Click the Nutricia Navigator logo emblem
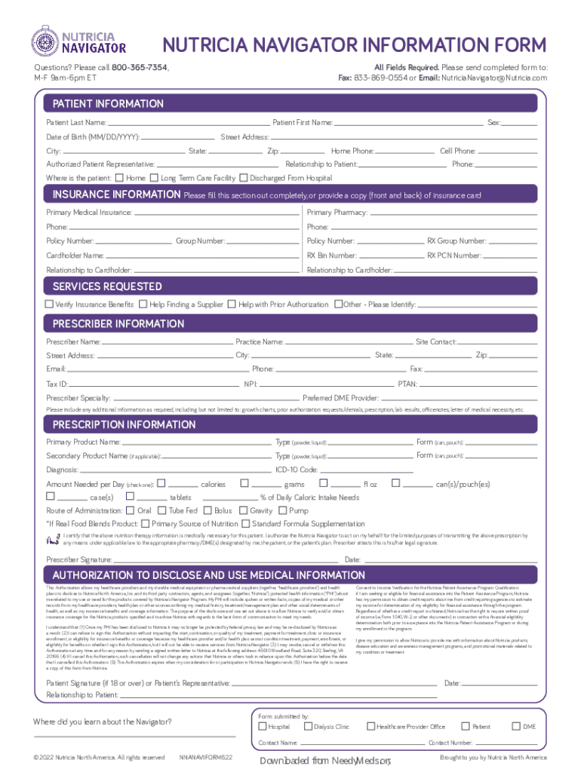pos(45,42)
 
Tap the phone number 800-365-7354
pos(140,67)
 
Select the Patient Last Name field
pos(189,122)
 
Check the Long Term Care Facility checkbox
pos(155,179)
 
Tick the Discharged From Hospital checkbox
pos(243,179)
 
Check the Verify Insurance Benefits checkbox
pos(49,304)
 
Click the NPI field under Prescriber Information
pos(324,384)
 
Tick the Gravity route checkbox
pos(243,510)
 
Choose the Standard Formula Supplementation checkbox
pos(245,524)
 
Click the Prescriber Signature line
pos(226,560)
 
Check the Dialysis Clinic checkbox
pos(309,727)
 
